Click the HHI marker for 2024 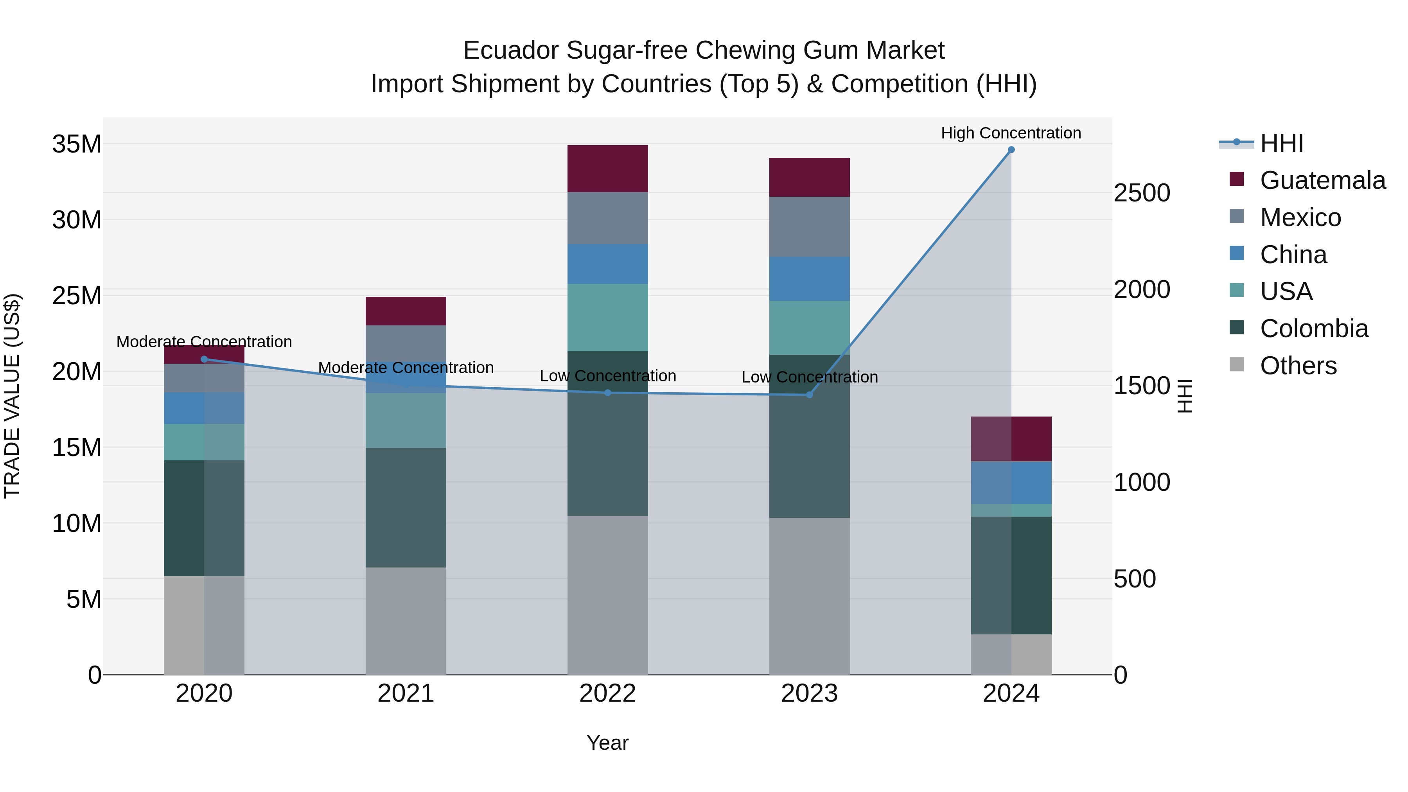click(x=1011, y=150)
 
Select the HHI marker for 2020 click(x=205, y=359)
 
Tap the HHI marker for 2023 click(x=810, y=395)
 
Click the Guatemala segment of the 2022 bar click(x=607, y=168)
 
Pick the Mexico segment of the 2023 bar click(x=810, y=226)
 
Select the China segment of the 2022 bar click(x=607, y=264)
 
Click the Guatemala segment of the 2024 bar click(x=1011, y=439)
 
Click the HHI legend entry click(x=1281, y=143)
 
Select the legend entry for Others click(x=1298, y=366)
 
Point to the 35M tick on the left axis click(x=77, y=144)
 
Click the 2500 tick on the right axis click(x=1142, y=193)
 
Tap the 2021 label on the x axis click(x=406, y=693)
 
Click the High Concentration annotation click(x=1011, y=133)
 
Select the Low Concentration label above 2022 click(x=607, y=376)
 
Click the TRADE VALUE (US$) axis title click(x=12, y=396)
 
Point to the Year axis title click(x=607, y=743)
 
